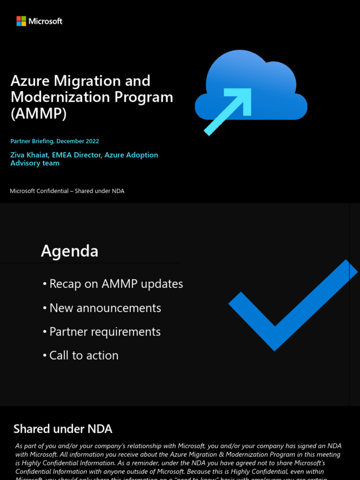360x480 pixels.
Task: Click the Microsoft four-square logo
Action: [21, 21]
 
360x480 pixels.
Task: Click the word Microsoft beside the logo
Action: [45, 21]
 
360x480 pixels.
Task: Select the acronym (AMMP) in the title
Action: [38, 113]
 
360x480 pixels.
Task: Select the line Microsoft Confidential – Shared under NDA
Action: [67, 191]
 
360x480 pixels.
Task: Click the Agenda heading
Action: [69, 251]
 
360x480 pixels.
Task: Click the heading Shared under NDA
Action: [63, 429]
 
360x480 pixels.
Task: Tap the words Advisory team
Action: [35, 163]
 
